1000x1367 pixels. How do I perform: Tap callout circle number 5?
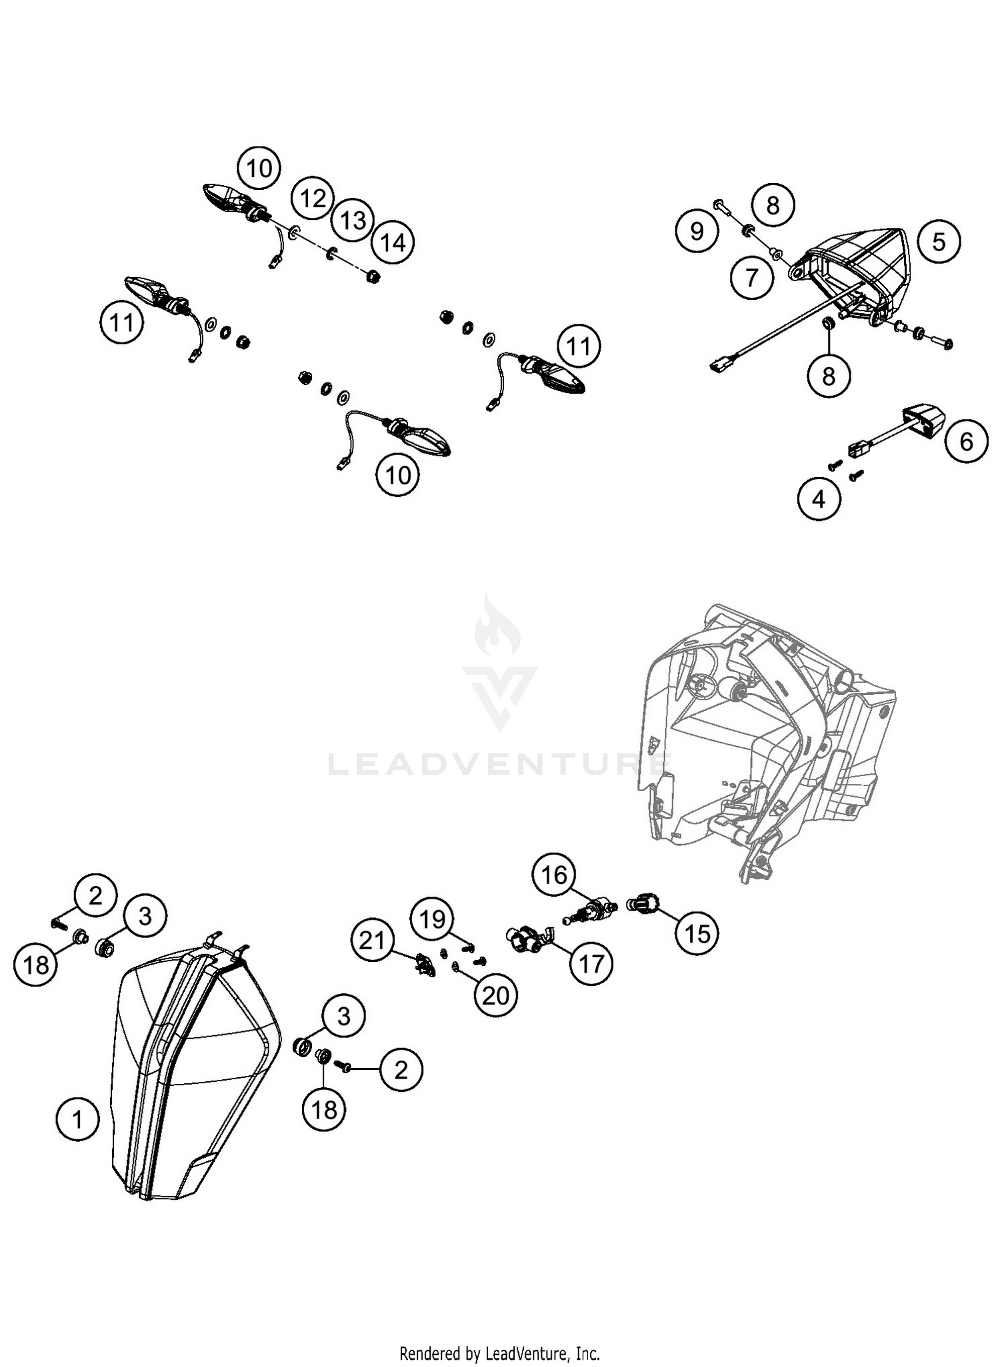coord(939,242)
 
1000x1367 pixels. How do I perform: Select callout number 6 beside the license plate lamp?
coord(966,442)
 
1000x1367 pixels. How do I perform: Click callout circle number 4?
coord(819,498)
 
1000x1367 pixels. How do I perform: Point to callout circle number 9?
coord(697,231)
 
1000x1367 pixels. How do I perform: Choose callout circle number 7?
coord(752,276)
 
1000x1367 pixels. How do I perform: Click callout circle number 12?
coord(313,199)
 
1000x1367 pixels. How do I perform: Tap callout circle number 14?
coord(393,242)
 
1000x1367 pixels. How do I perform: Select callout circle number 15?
coord(697,933)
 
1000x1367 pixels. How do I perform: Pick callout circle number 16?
coord(554,875)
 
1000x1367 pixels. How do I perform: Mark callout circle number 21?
coord(373,941)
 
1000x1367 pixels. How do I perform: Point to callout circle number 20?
coord(495,995)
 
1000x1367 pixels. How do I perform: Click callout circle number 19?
coord(433,919)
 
